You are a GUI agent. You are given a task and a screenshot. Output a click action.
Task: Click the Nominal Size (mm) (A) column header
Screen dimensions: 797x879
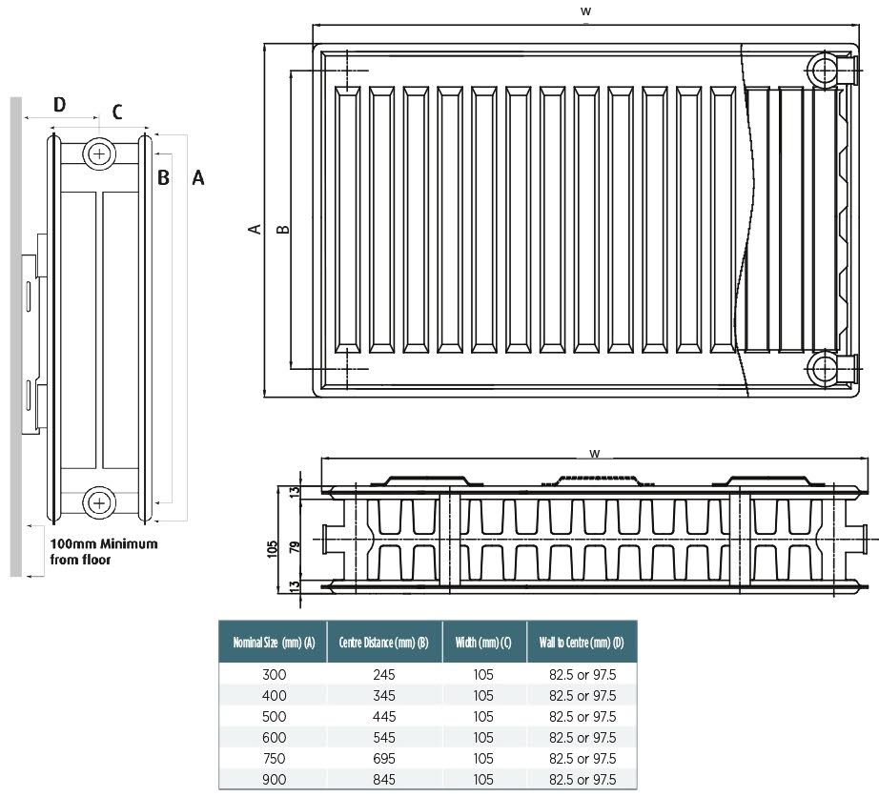pyautogui.click(x=274, y=643)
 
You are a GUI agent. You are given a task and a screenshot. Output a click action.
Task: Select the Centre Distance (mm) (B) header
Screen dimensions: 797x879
pyautogui.click(x=383, y=643)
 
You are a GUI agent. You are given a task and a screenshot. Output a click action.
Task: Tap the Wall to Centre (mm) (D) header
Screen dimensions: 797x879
pyautogui.click(x=582, y=643)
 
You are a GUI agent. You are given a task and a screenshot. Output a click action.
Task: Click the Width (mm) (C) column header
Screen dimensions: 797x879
pyautogui.click(x=482, y=643)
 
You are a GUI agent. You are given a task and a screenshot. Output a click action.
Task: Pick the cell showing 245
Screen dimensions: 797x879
pyautogui.click(x=383, y=674)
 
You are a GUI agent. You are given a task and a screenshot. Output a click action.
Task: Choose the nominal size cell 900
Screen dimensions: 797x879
pyautogui.click(x=274, y=779)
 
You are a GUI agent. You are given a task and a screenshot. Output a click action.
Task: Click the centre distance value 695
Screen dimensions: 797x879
pyautogui.click(x=383, y=758)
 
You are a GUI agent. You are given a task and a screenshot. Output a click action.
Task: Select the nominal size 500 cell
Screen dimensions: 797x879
pyautogui.click(x=274, y=716)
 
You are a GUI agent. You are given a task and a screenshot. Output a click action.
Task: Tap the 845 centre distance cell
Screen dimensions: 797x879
pyautogui.click(x=383, y=779)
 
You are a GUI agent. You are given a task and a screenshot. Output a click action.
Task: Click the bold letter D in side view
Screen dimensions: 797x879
pyautogui.click(x=59, y=104)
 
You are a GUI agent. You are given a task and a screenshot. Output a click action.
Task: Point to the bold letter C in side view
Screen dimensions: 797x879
pyautogui.click(x=117, y=112)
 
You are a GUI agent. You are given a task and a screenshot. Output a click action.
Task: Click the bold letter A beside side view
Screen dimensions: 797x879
pyautogui.click(x=198, y=177)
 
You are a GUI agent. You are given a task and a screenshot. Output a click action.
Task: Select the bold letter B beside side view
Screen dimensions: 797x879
pyautogui.click(x=163, y=177)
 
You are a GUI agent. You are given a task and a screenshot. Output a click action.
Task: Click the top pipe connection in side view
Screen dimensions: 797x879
pyautogui.click(x=98, y=153)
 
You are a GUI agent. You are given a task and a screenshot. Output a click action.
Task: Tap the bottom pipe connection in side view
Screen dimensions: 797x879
pyautogui.click(x=98, y=501)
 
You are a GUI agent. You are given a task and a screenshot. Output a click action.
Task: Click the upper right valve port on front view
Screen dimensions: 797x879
pyautogui.click(x=822, y=69)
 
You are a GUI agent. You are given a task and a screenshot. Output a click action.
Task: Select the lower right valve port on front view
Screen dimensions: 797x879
pyautogui.click(x=822, y=367)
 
